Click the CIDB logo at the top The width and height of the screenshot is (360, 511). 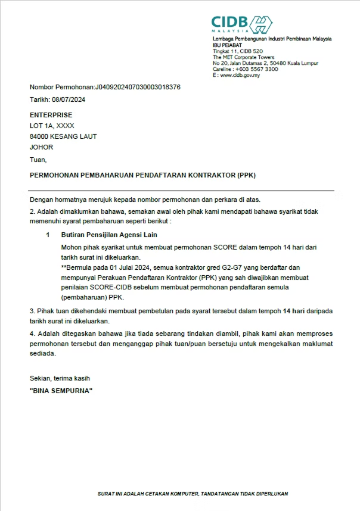242,24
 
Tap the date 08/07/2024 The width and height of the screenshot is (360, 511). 69,99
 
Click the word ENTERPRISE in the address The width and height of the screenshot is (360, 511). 51,115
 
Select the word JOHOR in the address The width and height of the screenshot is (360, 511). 42,147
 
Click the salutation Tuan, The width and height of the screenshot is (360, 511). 38,159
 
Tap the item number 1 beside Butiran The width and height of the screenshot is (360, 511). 48,235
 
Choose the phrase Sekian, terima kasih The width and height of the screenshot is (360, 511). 60,378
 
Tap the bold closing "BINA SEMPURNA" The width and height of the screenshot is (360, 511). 61,391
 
